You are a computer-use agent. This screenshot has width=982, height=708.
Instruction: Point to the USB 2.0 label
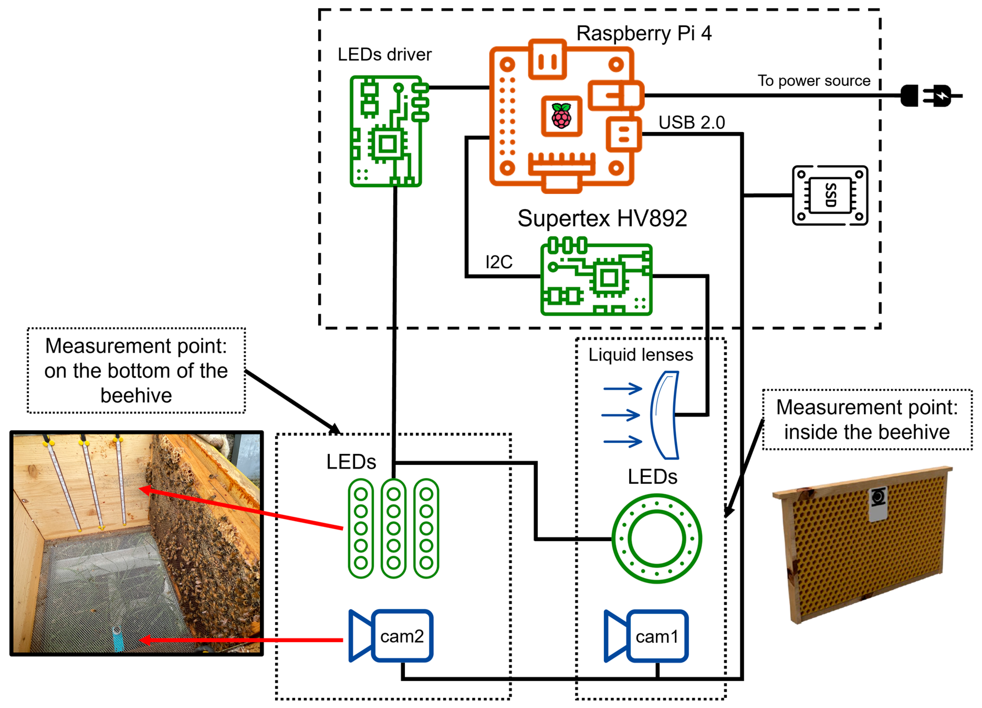pos(692,123)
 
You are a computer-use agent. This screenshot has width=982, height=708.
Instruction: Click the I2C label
pos(499,262)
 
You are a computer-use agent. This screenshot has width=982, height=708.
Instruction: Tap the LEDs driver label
pos(384,55)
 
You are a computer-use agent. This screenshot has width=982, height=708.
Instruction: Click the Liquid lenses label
pos(640,355)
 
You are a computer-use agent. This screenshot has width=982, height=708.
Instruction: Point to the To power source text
pos(814,81)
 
